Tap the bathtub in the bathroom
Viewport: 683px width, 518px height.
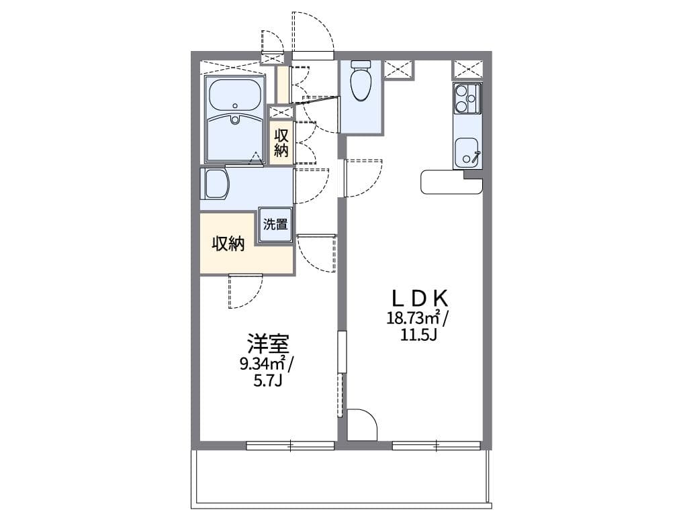point(234,96)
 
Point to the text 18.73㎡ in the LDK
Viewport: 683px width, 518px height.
point(410,318)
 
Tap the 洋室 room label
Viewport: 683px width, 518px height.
point(268,345)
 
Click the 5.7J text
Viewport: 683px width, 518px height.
point(267,381)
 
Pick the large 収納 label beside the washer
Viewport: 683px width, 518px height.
point(228,244)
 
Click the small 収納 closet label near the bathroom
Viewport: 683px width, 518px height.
point(281,142)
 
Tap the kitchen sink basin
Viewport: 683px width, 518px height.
point(467,152)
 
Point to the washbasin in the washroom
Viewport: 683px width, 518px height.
point(216,183)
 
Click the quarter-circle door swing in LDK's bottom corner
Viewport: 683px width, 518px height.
point(361,425)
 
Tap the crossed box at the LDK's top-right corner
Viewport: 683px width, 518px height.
point(467,69)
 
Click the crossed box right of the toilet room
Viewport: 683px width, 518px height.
point(398,69)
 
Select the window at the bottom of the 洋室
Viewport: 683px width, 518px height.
point(290,444)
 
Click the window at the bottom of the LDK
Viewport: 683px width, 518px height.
point(437,444)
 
